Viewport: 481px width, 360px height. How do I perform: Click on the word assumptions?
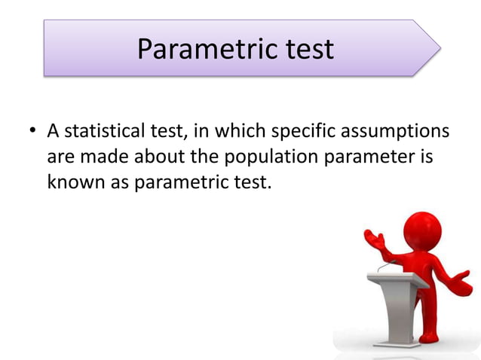[397, 133]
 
